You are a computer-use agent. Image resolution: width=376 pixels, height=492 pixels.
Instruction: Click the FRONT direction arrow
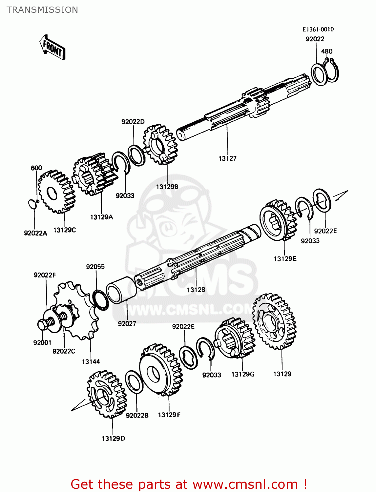pyautogui.click(x=52, y=47)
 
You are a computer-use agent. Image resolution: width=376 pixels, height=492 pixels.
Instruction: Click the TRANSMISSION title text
pyautogui.click(x=42, y=10)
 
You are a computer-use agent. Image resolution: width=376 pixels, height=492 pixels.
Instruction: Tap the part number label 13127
pyautogui.click(x=227, y=158)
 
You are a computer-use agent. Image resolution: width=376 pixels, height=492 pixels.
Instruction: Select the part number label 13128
pyautogui.click(x=196, y=290)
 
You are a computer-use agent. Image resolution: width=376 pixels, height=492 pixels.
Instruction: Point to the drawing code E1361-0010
pyautogui.click(x=318, y=29)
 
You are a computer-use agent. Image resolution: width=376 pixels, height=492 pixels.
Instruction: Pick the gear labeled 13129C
pyautogui.click(x=56, y=192)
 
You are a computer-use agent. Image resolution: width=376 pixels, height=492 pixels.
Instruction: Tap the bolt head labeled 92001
pyautogui.click(x=43, y=324)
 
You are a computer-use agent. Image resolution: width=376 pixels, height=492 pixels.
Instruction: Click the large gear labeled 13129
pyautogui.click(x=274, y=321)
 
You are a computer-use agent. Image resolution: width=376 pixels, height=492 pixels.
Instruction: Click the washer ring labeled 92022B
pyautogui.click(x=134, y=381)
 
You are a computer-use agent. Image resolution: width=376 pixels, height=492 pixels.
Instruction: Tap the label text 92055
pyautogui.click(x=95, y=267)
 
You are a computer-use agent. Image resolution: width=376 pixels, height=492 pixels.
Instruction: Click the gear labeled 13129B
pyautogui.click(x=160, y=144)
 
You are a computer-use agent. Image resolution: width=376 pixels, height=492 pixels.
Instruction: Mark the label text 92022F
pyautogui.click(x=45, y=275)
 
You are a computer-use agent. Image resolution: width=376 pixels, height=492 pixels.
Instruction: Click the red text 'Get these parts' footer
pyautogui.click(x=189, y=484)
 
